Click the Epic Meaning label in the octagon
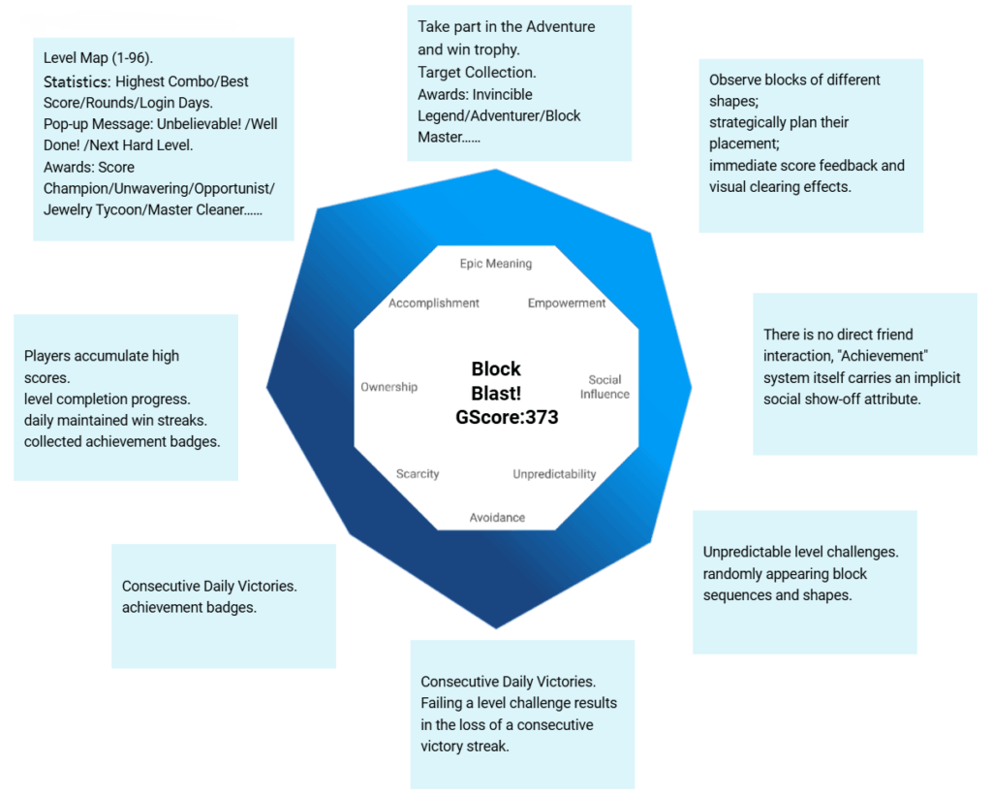click(495, 264)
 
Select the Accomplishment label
click(434, 303)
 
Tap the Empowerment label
click(567, 303)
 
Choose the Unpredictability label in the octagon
click(554, 474)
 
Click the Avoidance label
click(497, 518)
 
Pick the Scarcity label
click(418, 474)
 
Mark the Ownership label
click(388, 387)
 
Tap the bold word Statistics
click(77, 81)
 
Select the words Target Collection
click(478, 72)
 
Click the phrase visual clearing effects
click(780, 186)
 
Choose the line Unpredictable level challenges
click(800, 552)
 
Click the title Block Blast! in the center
click(496, 381)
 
